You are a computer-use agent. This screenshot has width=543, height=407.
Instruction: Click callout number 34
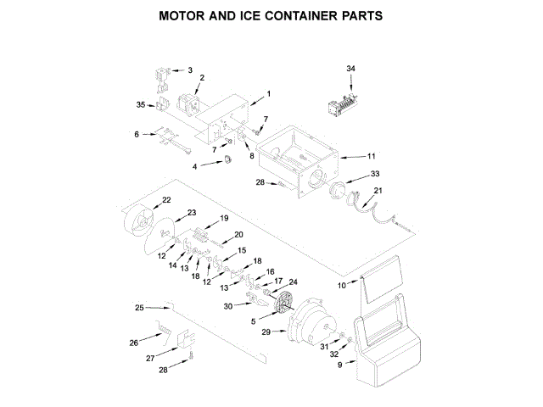point(351,68)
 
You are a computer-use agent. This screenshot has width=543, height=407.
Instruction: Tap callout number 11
point(371,157)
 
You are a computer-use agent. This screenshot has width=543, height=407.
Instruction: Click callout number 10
point(342,286)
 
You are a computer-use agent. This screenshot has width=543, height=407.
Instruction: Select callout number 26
point(134,343)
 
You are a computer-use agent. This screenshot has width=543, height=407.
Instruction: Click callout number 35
point(141,105)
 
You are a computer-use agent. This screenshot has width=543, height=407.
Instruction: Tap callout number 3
point(189,70)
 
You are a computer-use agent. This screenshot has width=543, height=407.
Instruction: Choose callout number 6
point(137,134)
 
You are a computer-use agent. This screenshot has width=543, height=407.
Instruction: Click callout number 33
point(374,175)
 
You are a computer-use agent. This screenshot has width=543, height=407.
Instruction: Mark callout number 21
point(378,191)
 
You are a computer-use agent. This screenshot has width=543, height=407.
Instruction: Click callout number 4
point(194,167)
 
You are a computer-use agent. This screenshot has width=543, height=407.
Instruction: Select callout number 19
point(225,218)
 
